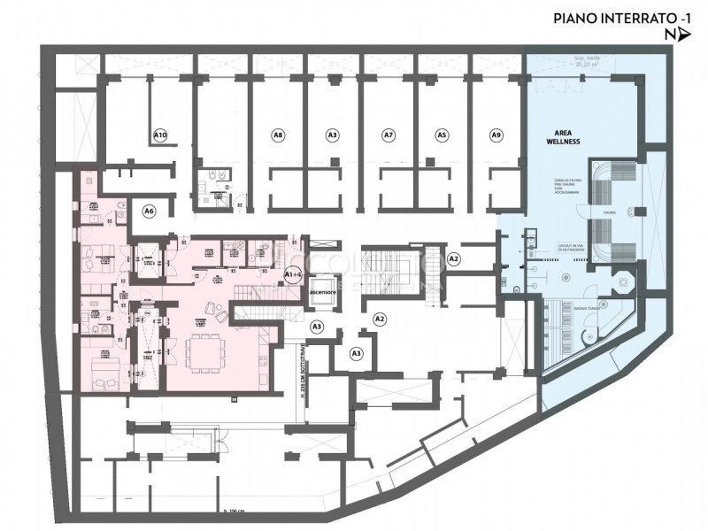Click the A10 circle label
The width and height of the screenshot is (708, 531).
(160, 135)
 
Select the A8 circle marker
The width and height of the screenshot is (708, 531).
(278, 135)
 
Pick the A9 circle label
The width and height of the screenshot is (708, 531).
(496, 135)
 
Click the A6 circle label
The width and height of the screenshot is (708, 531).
(150, 211)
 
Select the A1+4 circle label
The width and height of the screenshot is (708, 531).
(294, 274)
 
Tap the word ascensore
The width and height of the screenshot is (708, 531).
(321, 292)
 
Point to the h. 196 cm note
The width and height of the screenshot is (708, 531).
(235, 512)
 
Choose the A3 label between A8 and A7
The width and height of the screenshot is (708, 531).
(332, 135)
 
